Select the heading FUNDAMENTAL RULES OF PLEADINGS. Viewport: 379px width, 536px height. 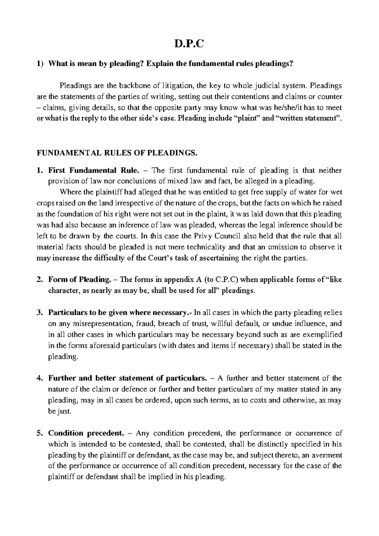pos(117,153)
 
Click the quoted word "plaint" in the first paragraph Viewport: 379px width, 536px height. pos(248,119)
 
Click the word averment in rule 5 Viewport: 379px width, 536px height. pos(327,455)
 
